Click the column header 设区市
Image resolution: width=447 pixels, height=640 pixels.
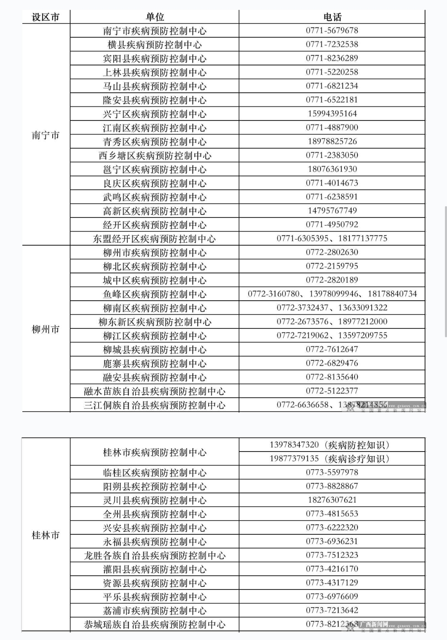pyautogui.click(x=46, y=17)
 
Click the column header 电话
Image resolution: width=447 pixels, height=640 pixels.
pyautogui.click(x=332, y=17)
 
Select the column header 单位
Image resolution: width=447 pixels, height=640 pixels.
pyautogui.click(x=155, y=17)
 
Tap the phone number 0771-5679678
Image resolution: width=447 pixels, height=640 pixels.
pyautogui.click(x=332, y=31)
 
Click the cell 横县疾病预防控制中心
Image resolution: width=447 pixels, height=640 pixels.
pyautogui.click(x=155, y=45)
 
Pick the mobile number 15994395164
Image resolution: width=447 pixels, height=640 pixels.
pyautogui.click(x=332, y=114)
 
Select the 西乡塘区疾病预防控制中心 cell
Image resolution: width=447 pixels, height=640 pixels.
pyautogui.click(x=155, y=155)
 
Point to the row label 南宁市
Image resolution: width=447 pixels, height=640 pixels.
pyautogui.click(x=46, y=135)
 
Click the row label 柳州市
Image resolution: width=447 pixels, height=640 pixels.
pyautogui.click(x=46, y=329)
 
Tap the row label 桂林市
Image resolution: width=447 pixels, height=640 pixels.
pyautogui.click(x=46, y=535)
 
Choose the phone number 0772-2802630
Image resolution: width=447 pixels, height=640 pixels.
pyautogui.click(x=332, y=252)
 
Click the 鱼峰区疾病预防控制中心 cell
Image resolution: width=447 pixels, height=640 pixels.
pyautogui.click(x=155, y=294)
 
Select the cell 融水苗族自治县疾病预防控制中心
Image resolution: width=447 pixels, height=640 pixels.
pyautogui.click(x=155, y=391)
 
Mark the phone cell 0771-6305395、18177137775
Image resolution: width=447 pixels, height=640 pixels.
pyautogui.click(x=332, y=238)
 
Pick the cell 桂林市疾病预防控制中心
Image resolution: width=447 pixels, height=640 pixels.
pyautogui.click(x=155, y=452)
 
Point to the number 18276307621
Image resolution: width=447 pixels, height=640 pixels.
pyautogui.click(x=332, y=500)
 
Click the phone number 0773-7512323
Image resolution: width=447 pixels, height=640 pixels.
pyautogui.click(x=332, y=555)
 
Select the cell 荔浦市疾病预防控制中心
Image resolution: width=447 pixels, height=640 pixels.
pyautogui.click(x=155, y=611)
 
